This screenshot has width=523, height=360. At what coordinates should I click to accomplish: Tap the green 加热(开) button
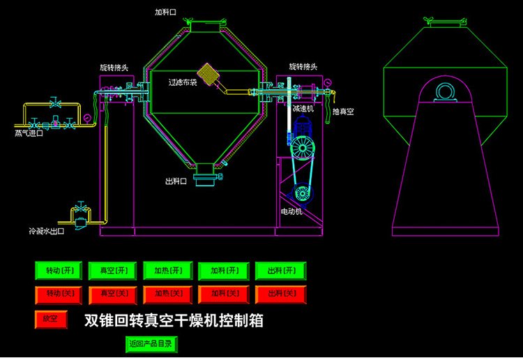coord(167,270)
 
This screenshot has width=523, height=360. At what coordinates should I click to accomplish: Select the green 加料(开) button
coord(223,270)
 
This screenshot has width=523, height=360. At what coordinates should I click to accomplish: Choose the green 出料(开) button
coord(280,270)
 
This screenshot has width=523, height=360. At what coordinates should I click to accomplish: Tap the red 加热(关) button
coord(167,294)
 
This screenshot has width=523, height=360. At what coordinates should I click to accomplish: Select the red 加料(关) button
coord(223,294)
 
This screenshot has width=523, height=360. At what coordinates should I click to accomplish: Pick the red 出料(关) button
coord(280,294)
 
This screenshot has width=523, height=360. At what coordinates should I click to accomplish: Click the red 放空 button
coord(50,319)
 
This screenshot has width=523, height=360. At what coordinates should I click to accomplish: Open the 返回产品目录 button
coord(151,343)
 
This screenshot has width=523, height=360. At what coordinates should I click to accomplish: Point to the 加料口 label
coord(166,12)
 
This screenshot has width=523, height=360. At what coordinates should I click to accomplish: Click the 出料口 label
coord(176,181)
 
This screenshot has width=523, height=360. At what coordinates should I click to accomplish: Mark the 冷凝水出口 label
coord(46,230)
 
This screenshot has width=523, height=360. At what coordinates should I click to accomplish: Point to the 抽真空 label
coord(342,112)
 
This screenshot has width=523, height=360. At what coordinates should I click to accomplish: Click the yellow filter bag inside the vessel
coord(208,73)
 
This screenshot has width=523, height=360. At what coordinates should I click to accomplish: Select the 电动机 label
coord(291,211)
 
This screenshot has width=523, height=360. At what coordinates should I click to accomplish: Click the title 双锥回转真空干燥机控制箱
coord(174,321)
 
